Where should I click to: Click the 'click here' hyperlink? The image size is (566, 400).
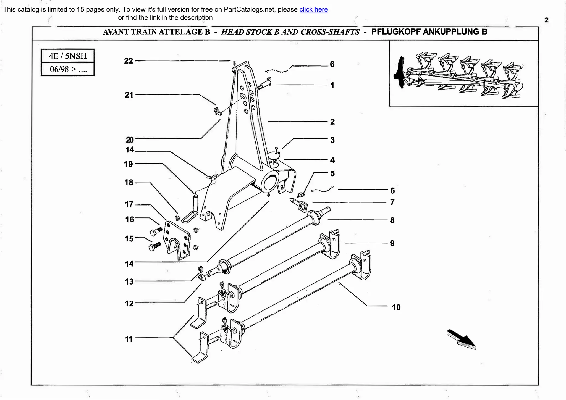coord(313,10)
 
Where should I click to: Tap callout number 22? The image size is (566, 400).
coord(129,61)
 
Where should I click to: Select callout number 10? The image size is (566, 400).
coord(396,307)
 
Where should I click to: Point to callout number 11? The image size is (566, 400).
coord(129,339)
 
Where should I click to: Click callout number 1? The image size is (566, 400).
coord(332,85)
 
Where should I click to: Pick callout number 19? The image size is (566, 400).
coord(129,164)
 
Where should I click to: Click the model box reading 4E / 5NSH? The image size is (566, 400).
coord(68,56)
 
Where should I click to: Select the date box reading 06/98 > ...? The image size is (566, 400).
coord(68,69)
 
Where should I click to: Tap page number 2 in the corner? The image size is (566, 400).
coord(546,20)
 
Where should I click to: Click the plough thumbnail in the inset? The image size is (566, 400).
coord(462,75)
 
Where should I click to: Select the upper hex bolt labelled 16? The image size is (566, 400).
coord(156,231)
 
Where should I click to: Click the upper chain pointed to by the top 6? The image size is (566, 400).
coord(279,70)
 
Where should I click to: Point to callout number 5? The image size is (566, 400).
coord(332,174)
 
